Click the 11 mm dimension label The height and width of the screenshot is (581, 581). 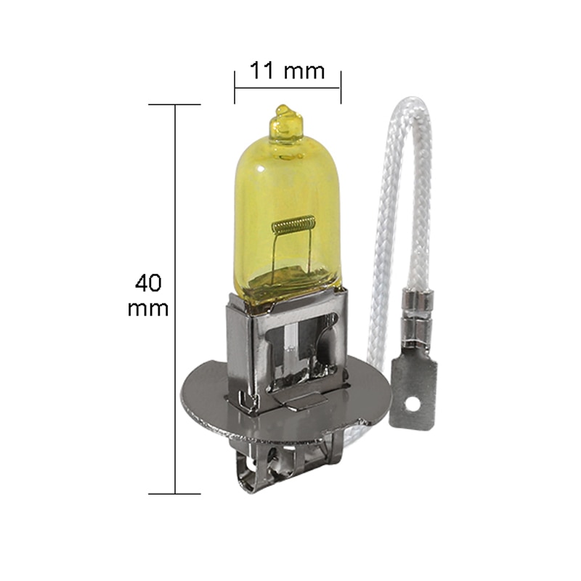[x=286, y=71]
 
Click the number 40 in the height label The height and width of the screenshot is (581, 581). [x=148, y=282]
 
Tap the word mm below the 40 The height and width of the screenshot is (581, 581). [x=148, y=308]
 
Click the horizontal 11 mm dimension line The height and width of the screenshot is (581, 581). [x=288, y=88]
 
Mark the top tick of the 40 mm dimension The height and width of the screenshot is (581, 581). [x=175, y=105]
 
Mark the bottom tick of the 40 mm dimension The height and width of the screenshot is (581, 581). [x=175, y=494]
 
